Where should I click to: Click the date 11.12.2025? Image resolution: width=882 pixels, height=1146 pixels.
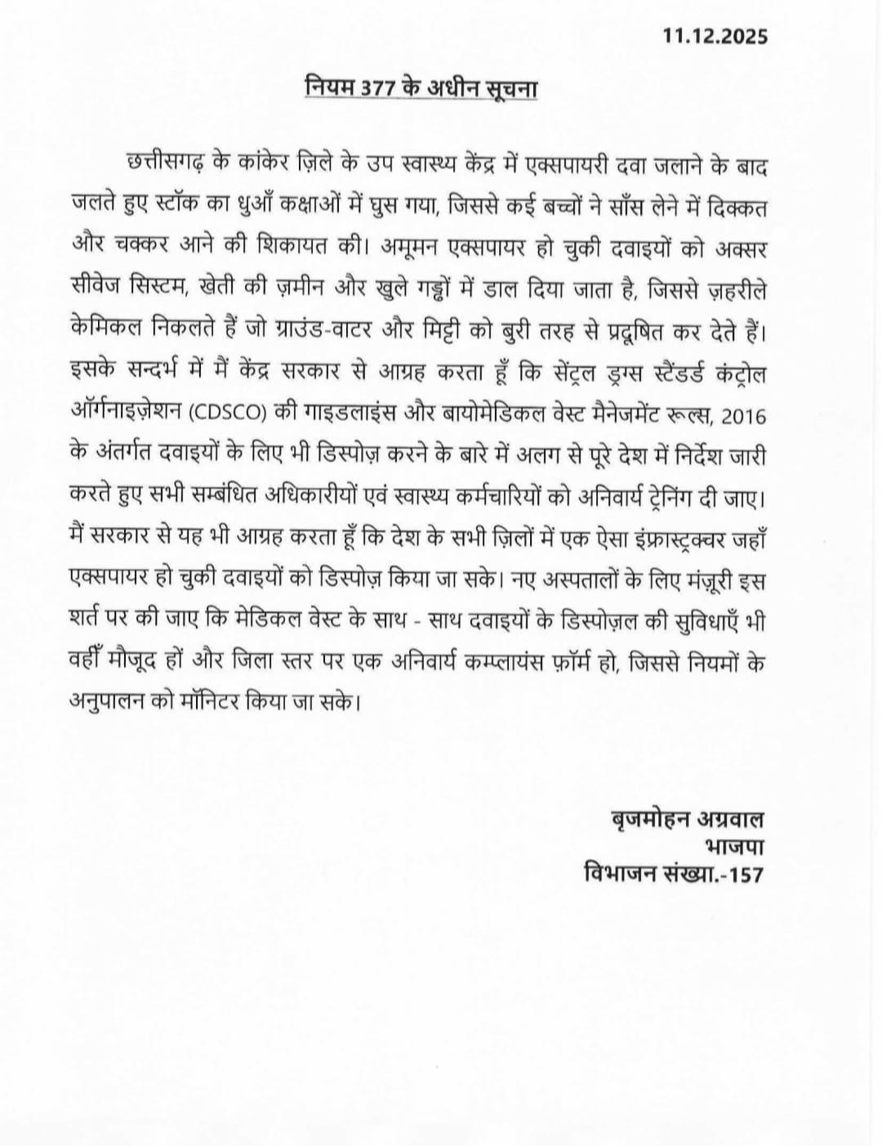click(715, 37)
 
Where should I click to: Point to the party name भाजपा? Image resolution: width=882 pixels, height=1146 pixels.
click(732, 846)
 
